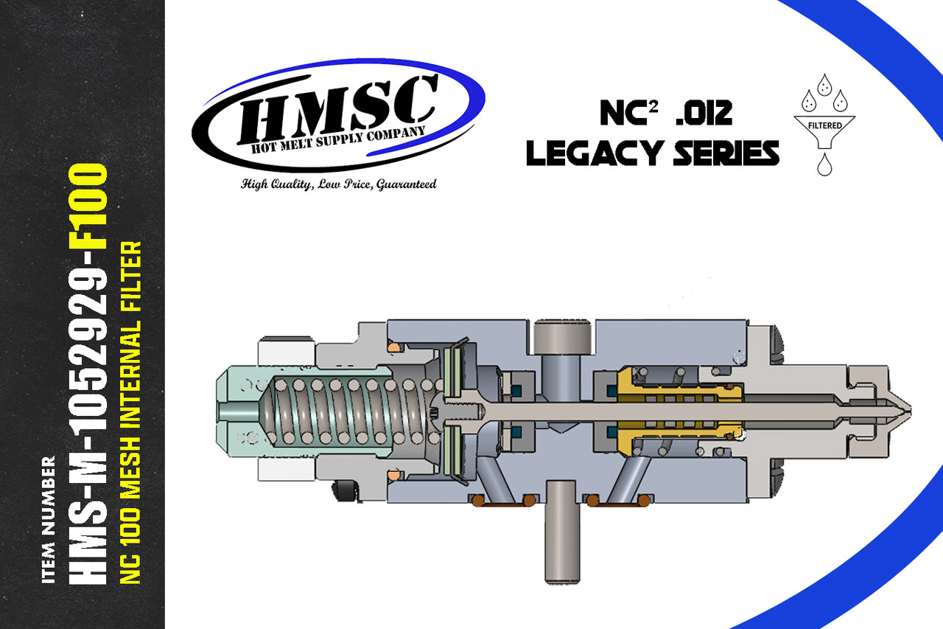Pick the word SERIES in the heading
point(725,153)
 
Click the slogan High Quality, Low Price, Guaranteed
point(339,184)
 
